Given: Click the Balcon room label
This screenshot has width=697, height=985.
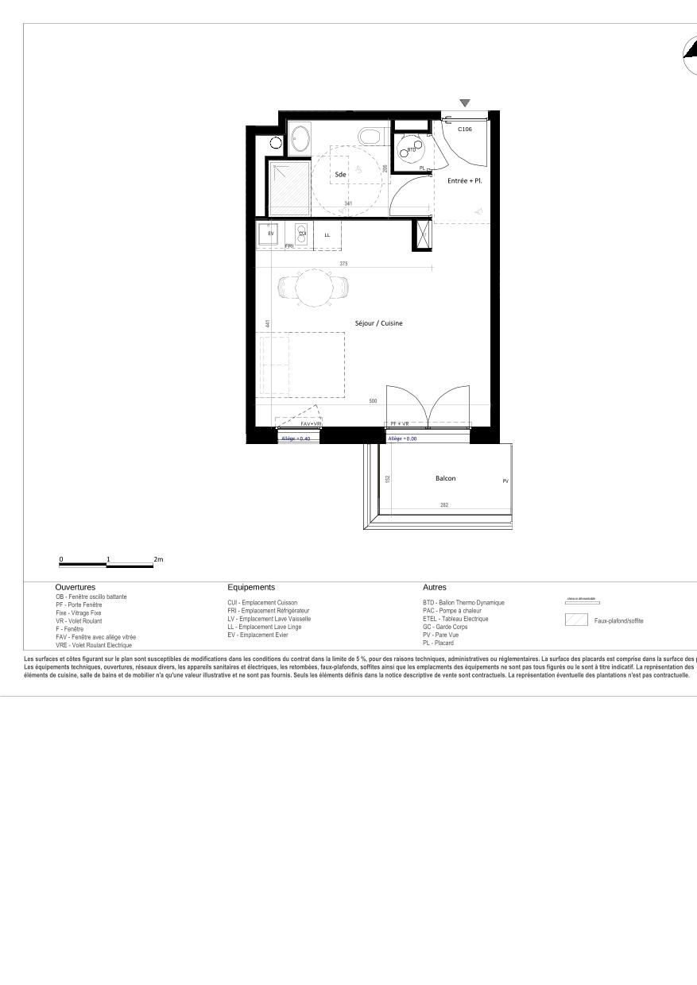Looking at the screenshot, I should click(445, 478).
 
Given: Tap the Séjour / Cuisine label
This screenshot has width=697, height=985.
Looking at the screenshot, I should click(378, 323).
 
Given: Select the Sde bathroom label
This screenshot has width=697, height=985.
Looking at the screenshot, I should click(340, 173).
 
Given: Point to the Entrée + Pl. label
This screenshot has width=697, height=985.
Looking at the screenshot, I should click(465, 181).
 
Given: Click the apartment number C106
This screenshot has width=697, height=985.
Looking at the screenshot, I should click(465, 129).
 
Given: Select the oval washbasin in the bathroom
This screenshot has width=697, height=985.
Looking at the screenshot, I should click(300, 138).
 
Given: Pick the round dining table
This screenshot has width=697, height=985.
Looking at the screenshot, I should click(312, 288).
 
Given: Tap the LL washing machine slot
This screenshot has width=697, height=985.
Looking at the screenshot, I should click(327, 235).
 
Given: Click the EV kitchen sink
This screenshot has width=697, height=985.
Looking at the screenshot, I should click(271, 234).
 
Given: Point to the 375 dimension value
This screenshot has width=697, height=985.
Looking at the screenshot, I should click(343, 263).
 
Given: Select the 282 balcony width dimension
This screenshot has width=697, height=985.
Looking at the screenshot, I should click(445, 505).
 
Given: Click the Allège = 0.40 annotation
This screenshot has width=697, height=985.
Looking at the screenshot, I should click(296, 438).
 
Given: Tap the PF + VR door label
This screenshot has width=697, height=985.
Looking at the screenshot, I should click(399, 424).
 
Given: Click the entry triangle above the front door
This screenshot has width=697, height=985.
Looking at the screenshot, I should click(465, 103).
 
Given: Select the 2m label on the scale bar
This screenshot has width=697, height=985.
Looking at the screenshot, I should click(158, 559).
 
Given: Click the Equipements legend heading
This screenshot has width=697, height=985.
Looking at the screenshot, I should click(251, 587).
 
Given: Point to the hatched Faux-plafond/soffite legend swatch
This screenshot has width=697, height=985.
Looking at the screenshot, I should click(576, 620).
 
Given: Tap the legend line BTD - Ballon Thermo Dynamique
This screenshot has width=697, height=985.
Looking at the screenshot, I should click(463, 603).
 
